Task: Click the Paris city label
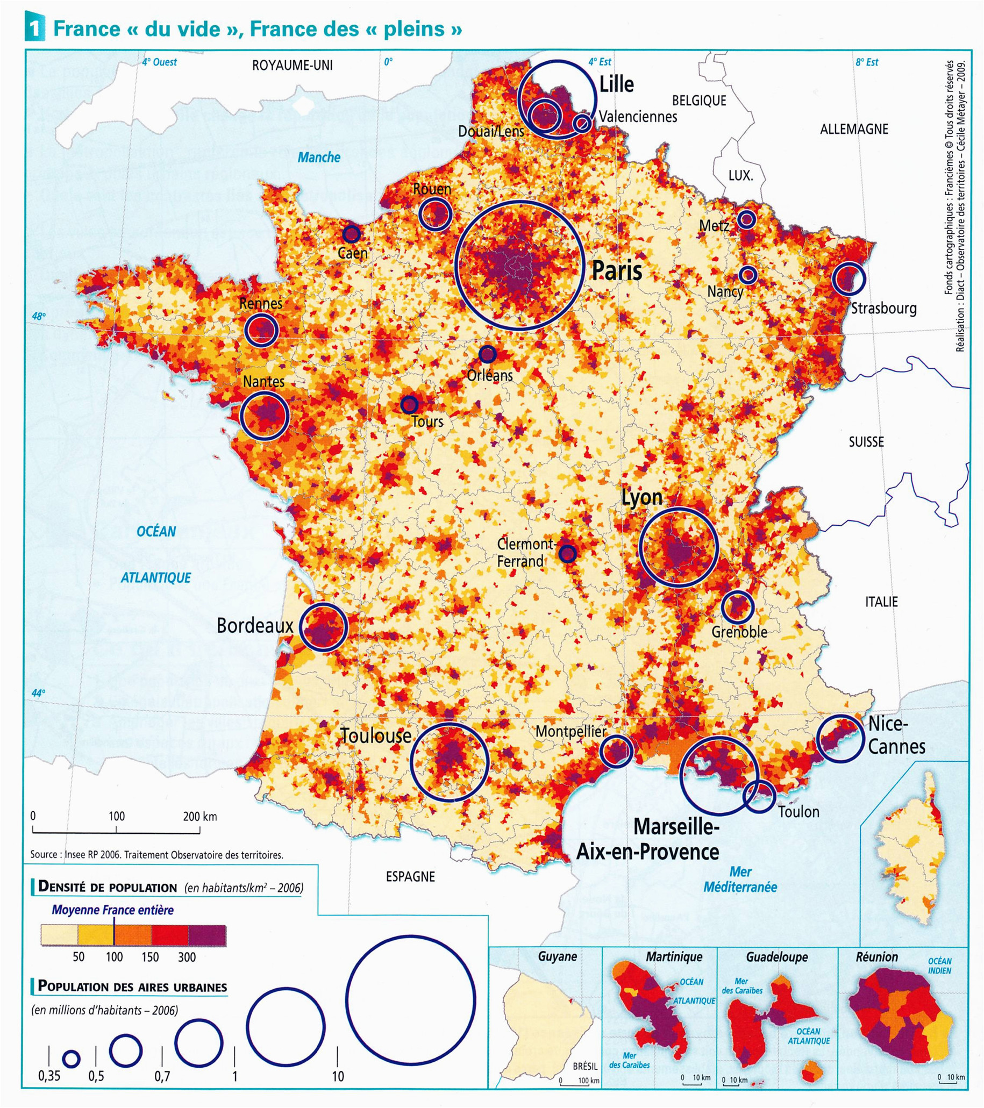(616, 270)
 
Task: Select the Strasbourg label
(883, 309)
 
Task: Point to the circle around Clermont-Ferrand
(567, 553)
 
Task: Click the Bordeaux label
(255, 626)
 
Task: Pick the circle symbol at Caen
(351, 234)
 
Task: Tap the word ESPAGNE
(410, 876)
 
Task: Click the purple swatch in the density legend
(207, 935)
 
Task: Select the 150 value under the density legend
(150, 957)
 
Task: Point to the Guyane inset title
(557, 956)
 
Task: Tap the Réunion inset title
(876, 957)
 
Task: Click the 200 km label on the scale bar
(199, 817)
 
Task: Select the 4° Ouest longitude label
(159, 62)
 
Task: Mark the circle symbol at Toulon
(759, 796)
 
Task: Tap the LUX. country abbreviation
(740, 175)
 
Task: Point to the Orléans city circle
(487, 354)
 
